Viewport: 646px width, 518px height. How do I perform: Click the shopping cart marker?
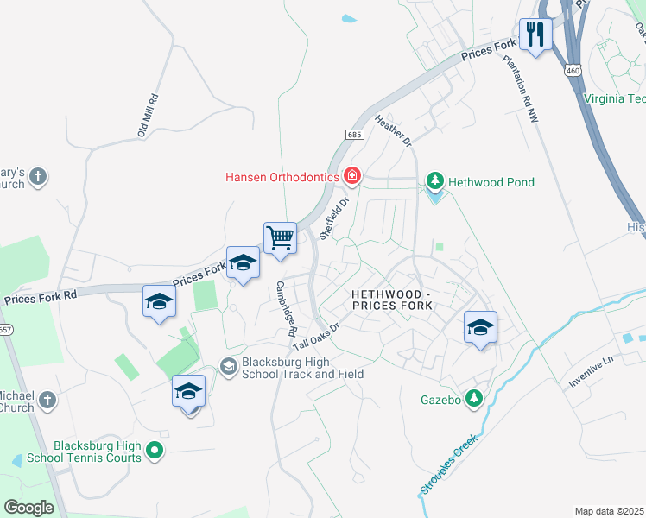(x=280, y=237)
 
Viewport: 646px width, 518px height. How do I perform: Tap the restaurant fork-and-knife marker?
(x=535, y=35)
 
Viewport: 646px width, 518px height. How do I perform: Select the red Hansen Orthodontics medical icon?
(x=351, y=177)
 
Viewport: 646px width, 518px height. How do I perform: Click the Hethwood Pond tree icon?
(x=435, y=182)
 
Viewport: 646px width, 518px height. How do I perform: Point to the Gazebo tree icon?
(x=473, y=398)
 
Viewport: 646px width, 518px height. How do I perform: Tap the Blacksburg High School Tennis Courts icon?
(x=155, y=449)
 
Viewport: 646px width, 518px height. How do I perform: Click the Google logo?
(x=29, y=508)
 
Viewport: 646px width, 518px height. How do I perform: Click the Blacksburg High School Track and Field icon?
(x=229, y=368)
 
